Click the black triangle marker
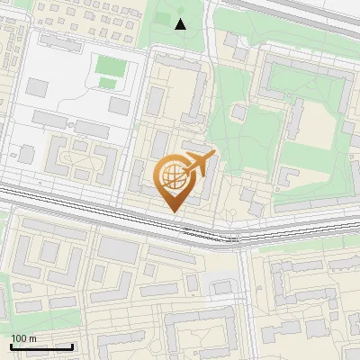click(x=180, y=24)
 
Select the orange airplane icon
click(x=198, y=165)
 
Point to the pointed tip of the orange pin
click(x=173, y=211)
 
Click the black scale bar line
click(x=41, y=346)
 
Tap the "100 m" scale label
click(x=24, y=338)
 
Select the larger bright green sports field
click(x=110, y=66)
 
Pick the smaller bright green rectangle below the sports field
click(x=107, y=84)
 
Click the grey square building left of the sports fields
click(x=37, y=87)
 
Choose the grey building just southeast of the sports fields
click(x=120, y=106)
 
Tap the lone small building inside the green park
click(x=238, y=112)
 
